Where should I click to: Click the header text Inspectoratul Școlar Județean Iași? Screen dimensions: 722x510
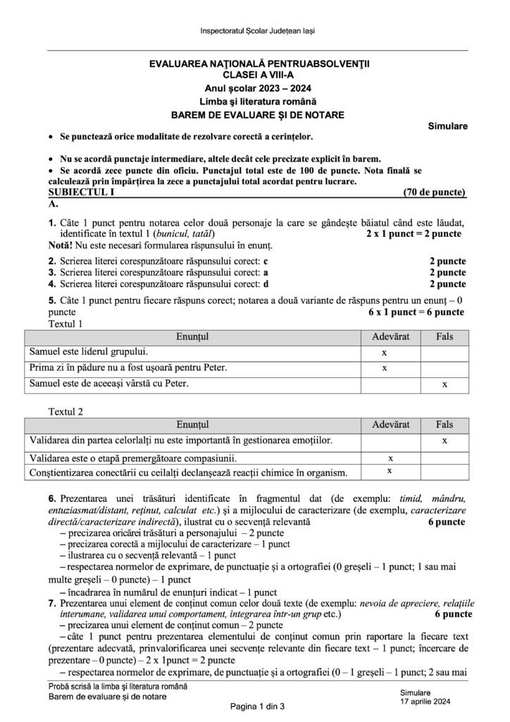(254, 32)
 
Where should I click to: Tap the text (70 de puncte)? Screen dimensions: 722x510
(435, 192)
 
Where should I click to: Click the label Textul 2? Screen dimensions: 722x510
(66, 410)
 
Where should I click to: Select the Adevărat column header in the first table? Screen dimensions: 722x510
(385, 338)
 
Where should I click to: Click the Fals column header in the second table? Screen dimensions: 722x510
(444, 424)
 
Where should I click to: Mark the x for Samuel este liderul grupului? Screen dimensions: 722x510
(385, 352)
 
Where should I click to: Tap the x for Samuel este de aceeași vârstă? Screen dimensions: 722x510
(444, 384)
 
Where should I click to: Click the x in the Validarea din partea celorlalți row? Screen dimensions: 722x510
(444, 441)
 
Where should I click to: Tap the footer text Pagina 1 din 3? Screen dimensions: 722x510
(254, 706)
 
